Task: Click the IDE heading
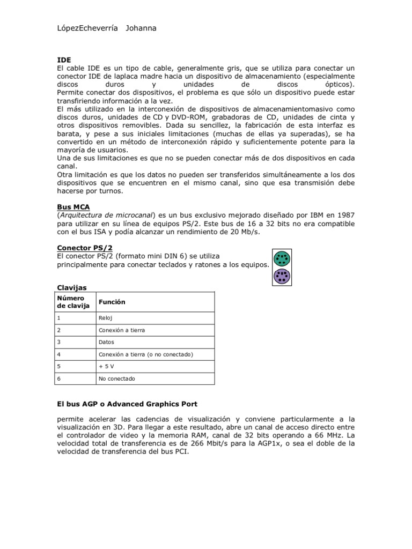point(64,60)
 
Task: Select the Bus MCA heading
point(73,206)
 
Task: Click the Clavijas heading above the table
point(71,287)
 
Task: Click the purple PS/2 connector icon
point(282,277)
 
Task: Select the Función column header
point(112,302)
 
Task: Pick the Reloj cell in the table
point(105,318)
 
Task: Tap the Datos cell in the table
point(106,342)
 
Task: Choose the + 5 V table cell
point(107,366)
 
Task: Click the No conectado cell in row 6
point(117,379)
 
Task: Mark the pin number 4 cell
point(58,354)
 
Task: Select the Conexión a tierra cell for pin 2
point(122,330)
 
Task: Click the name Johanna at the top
point(141,28)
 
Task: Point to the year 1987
point(343,216)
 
